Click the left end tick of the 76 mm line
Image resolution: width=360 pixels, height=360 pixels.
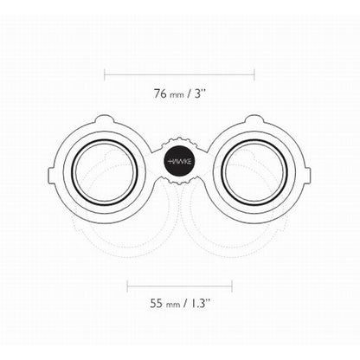tap(105, 74)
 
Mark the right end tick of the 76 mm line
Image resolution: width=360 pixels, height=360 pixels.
tap(254, 74)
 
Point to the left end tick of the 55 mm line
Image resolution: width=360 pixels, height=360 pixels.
tap(127, 285)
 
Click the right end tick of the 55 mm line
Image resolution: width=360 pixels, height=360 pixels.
tap(231, 285)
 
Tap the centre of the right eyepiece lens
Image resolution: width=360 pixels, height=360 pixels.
tap(255, 170)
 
